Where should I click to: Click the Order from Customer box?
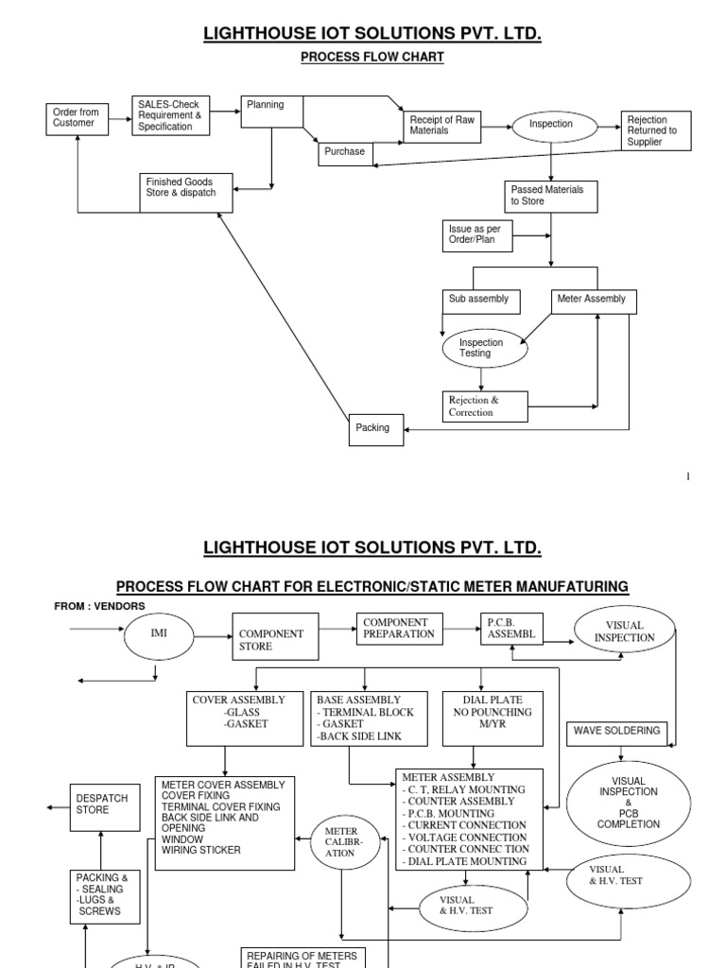click(x=76, y=118)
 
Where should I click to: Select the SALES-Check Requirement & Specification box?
click(x=170, y=114)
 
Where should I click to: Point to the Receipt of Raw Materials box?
click(x=441, y=126)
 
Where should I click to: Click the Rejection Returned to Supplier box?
click(x=654, y=131)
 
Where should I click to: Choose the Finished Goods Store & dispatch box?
click(x=185, y=192)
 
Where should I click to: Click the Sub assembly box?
click(x=482, y=301)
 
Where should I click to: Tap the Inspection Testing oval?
click(x=484, y=349)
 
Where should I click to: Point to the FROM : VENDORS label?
click(x=100, y=606)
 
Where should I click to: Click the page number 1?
click(x=688, y=476)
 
